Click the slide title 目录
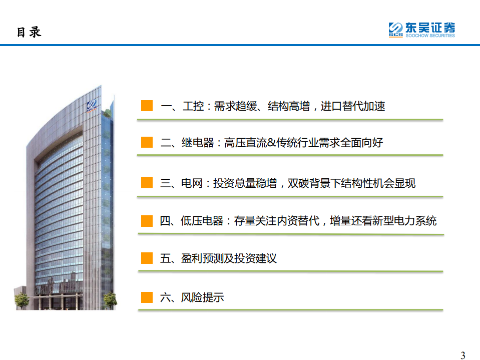pos(29,32)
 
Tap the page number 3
pos(462,355)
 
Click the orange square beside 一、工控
pos(147,106)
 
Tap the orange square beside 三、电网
pos(147,183)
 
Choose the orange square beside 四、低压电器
pos(147,220)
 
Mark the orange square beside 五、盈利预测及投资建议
pos(147,258)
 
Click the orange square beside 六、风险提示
pos(147,297)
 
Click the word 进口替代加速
pos(353,106)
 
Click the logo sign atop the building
pos(92,105)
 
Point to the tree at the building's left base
pos(22,300)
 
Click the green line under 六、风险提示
pos(290,310)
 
